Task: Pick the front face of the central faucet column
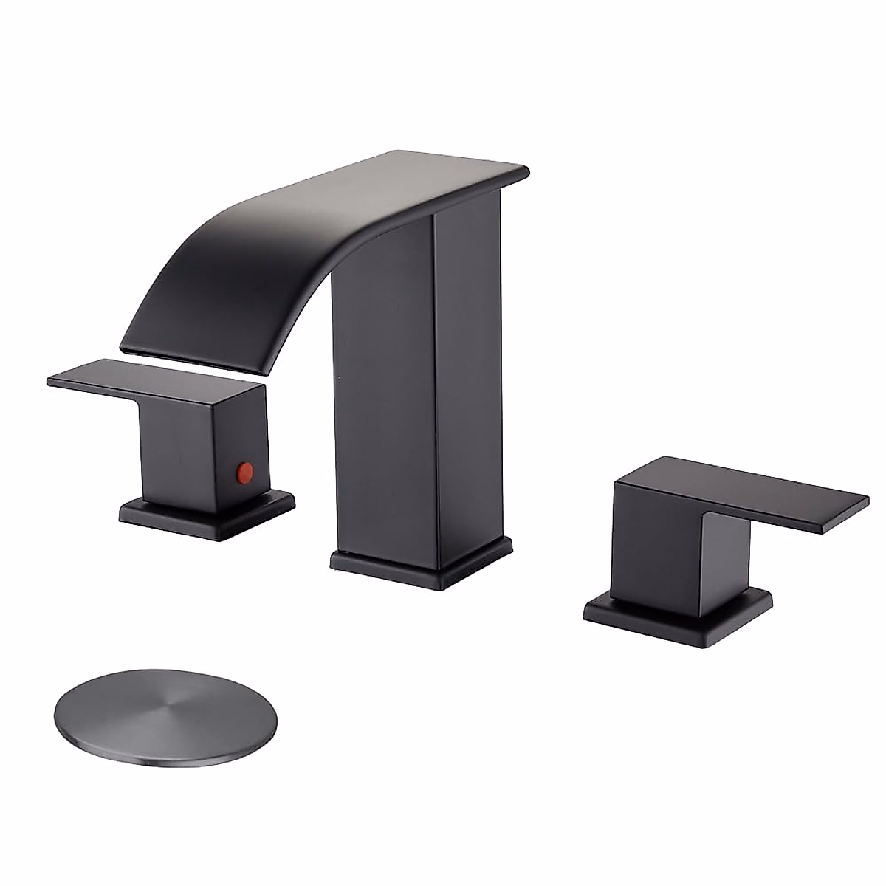[384, 413]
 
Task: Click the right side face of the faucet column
[473, 369]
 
